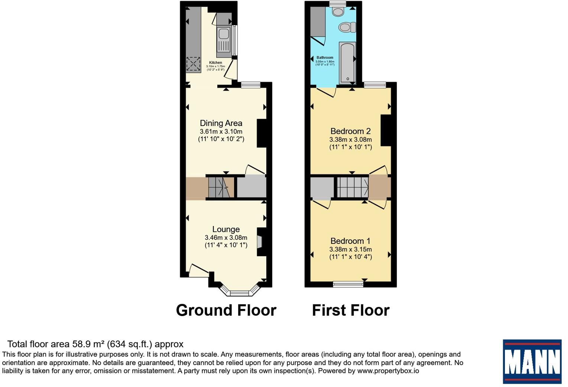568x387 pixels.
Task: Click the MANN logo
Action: click(532, 361)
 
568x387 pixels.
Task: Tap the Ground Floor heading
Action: click(226, 310)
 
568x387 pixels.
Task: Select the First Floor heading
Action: click(351, 310)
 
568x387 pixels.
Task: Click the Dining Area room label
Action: click(221, 123)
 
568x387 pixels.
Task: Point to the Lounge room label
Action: click(226, 229)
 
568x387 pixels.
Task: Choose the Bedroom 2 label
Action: click(351, 131)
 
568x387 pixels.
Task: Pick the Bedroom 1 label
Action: click(351, 241)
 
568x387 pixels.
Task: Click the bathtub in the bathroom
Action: click(347, 63)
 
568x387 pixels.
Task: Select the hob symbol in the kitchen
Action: click(193, 64)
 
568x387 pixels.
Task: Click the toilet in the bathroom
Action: click(347, 27)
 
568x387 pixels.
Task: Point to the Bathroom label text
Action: click(325, 58)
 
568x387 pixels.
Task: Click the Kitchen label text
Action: click(215, 63)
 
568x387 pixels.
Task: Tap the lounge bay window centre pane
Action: click(239, 293)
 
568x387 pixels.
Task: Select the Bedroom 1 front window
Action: click(348, 284)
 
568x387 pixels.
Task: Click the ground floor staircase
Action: click(221, 187)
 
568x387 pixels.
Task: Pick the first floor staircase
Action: click(353, 187)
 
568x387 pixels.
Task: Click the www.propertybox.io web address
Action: click(388, 371)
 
